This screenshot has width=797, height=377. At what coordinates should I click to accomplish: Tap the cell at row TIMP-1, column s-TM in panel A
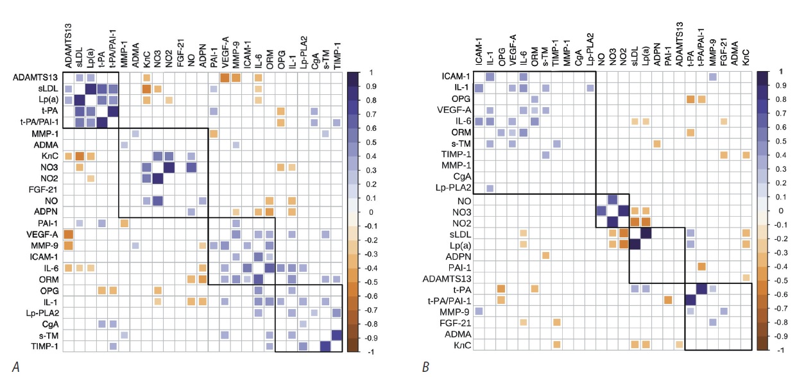click(325, 346)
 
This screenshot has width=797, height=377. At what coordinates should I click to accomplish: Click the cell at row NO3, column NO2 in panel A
click(170, 167)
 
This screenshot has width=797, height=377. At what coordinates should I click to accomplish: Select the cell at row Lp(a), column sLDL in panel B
click(635, 244)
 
